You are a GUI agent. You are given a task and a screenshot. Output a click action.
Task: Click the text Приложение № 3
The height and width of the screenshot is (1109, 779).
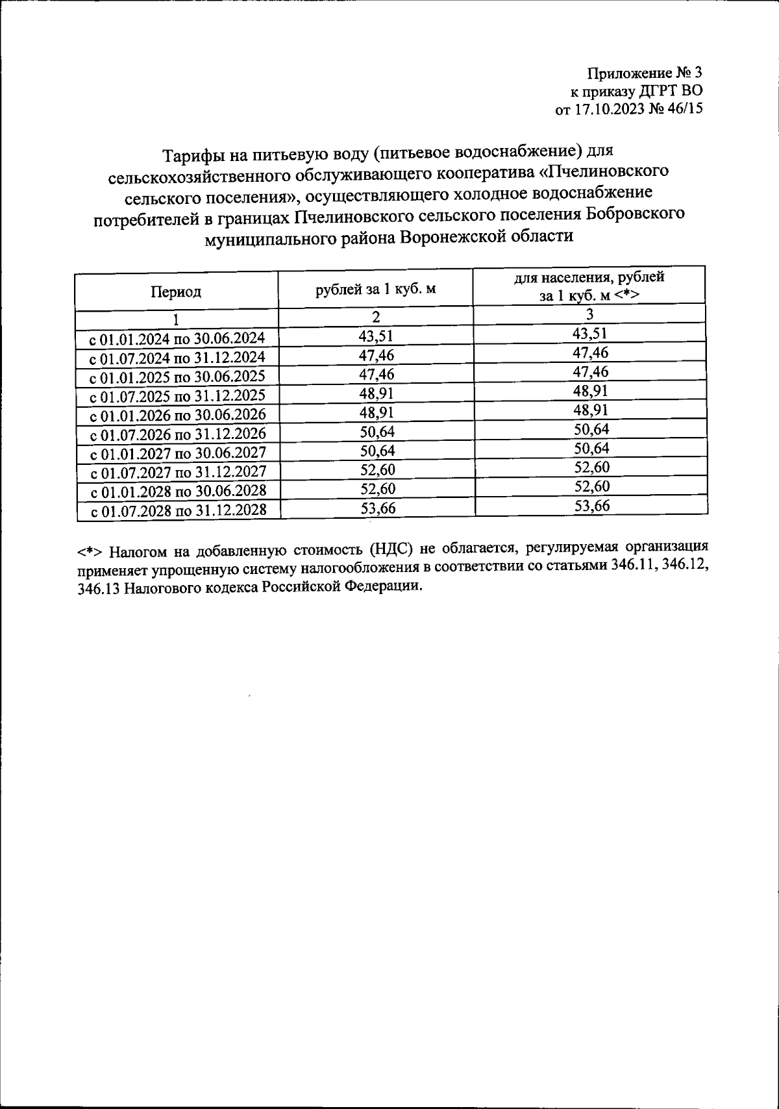click(x=645, y=72)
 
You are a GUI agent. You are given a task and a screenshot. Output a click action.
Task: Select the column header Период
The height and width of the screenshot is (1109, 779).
click(x=176, y=292)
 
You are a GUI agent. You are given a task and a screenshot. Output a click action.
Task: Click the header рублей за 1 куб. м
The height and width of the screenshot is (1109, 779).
click(x=375, y=290)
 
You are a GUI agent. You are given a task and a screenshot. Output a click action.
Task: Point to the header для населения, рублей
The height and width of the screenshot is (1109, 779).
click(x=589, y=277)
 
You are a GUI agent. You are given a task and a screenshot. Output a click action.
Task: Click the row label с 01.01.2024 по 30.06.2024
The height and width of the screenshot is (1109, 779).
click(x=177, y=339)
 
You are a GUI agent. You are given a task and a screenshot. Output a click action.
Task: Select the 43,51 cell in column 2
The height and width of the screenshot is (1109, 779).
click(x=376, y=336)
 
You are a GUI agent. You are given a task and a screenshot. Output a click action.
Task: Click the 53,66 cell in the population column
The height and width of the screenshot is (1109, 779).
click(x=591, y=505)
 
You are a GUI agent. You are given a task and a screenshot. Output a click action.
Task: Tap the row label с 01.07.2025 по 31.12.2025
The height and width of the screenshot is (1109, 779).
click(x=177, y=396)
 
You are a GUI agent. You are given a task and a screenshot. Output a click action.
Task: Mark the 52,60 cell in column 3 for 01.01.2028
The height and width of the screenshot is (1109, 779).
click(x=591, y=486)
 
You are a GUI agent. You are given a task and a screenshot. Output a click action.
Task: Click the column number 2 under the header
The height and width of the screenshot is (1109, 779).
click(x=375, y=317)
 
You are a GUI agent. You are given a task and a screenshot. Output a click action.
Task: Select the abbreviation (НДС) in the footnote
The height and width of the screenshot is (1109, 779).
click(x=392, y=551)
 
